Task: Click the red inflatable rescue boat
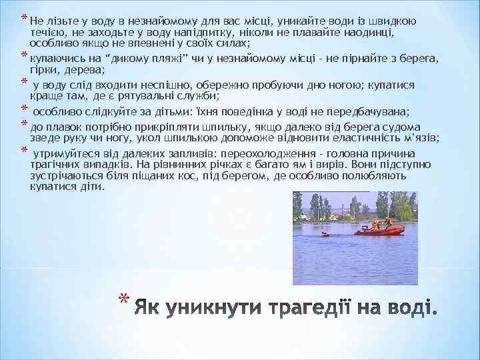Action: click(x=380, y=230)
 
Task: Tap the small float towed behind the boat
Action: click(x=325, y=234)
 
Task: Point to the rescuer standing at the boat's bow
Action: click(x=387, y=222)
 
